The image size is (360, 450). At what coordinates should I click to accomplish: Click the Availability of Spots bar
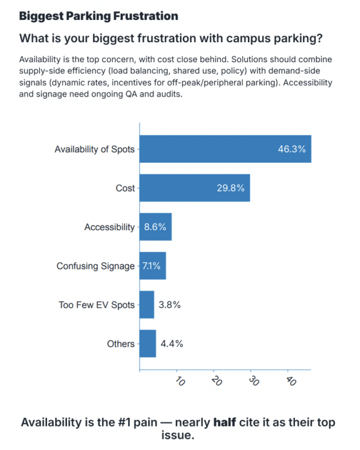click(x=225, y=149)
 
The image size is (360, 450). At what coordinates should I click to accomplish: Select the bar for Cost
click(x=195, y=188)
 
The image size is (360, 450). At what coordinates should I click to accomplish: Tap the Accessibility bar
click(x=155, y=227)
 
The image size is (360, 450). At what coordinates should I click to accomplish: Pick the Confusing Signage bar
click(x=152, y=266)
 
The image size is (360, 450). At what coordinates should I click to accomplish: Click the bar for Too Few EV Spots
click(x=147, y=305)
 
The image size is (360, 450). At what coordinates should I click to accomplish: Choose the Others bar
click(x=148, y=343)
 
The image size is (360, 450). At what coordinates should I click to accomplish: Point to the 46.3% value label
click(x=291, y=149)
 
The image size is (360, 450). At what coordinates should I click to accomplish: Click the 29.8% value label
click(x=230, y=188)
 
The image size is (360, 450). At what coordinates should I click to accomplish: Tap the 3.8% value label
click(x=169, y=305)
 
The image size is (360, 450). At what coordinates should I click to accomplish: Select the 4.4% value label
click(x=172, y=343)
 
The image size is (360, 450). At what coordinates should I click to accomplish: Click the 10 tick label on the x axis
click(x=180, y=381)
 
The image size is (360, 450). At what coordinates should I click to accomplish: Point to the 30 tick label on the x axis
click(x=254, y=381)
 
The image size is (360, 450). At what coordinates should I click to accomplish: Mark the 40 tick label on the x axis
click(x=291, y=381)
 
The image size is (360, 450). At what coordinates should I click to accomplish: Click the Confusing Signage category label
click(x=96, y=266)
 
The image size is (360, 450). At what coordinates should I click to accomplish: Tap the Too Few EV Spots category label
click(x=97, y=305)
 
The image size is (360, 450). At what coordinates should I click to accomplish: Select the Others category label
click(x=121, y=343)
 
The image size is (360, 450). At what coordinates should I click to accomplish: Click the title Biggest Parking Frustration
click(x=99, y=16)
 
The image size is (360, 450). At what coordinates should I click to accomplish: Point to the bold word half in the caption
click(x=225, y=422)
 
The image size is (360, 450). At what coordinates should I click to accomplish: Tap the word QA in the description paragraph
click(x=131, y=94)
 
